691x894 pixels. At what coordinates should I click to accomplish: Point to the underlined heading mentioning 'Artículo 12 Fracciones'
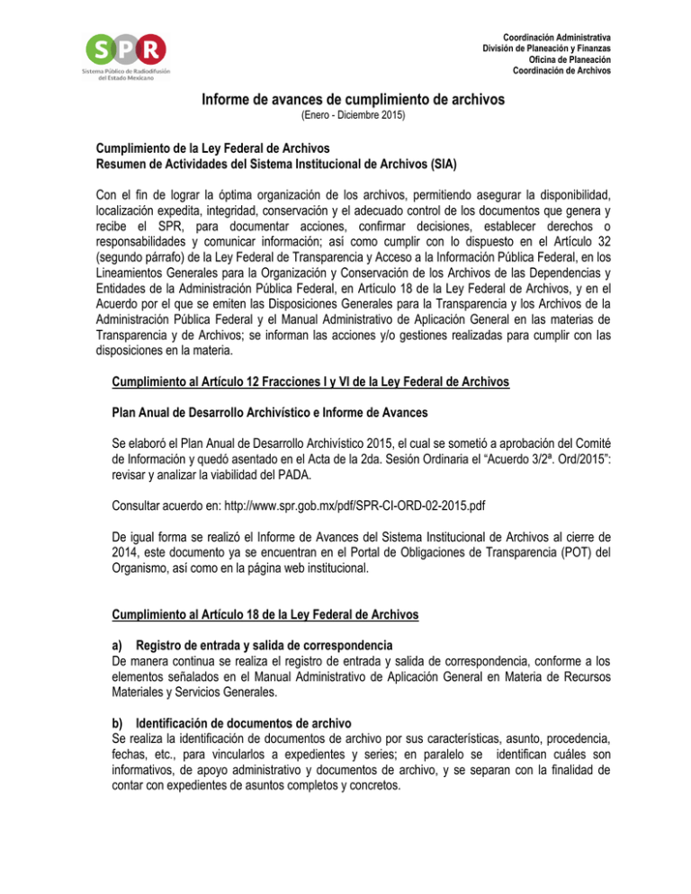click(x=310, y=382)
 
